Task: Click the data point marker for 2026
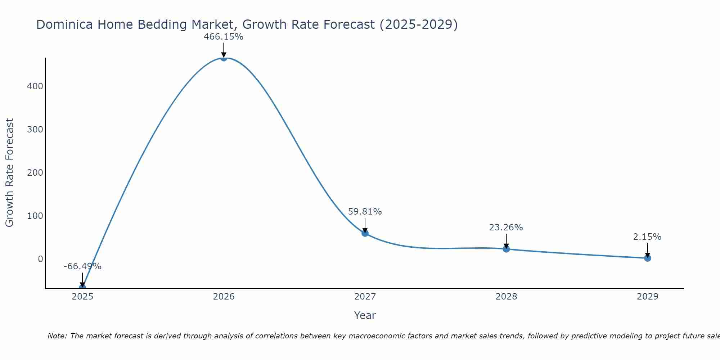tap(224, 58)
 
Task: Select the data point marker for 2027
tap(365, 233)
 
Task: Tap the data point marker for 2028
tap(506, 249)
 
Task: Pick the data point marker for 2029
tap(647, 258)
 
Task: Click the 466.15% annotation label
tap(224, 37)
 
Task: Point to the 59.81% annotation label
tap(365, 212)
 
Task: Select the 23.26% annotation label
tap(506, 228)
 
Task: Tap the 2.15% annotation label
tap(647, 237)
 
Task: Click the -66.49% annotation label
tap(82, 266)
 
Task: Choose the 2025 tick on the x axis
tap(82, 297)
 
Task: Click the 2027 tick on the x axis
tap(365, 297)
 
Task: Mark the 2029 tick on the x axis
tap(647, 297)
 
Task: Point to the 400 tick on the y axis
tap(35, 86)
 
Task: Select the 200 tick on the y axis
tap(35, 173)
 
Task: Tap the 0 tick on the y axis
tap(40, 259)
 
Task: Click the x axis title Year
tap(365, 315)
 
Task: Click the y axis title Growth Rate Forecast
tap(9, 173)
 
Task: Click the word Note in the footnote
tap(57, 336)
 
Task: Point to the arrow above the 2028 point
tap(506, 241)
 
